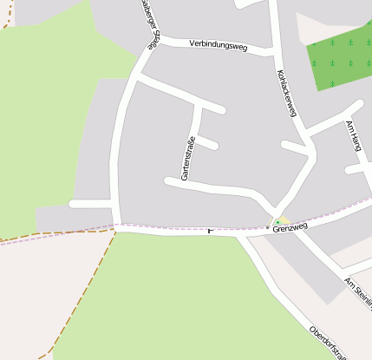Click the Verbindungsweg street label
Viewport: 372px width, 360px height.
pos(219,45)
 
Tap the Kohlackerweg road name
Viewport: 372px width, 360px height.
pos(287,94)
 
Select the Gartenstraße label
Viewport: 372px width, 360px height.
pos(189,158)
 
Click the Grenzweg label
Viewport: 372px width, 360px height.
pos(290,227)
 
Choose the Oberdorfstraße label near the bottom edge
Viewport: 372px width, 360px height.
pos(330,344)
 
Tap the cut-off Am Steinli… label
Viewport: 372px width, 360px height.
pos(358,290)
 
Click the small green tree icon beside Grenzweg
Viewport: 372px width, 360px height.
pos(277,221)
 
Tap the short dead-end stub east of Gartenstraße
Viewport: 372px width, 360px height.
pos(207,144)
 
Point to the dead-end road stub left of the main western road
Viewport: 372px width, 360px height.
pos(90,204)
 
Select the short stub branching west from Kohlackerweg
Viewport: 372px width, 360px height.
pos(295,147)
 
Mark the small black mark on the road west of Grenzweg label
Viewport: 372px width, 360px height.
pos(211,231)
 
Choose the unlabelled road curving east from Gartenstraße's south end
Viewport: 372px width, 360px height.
pos(217,187)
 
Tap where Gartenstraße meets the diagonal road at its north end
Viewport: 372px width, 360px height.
pos(200,103)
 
